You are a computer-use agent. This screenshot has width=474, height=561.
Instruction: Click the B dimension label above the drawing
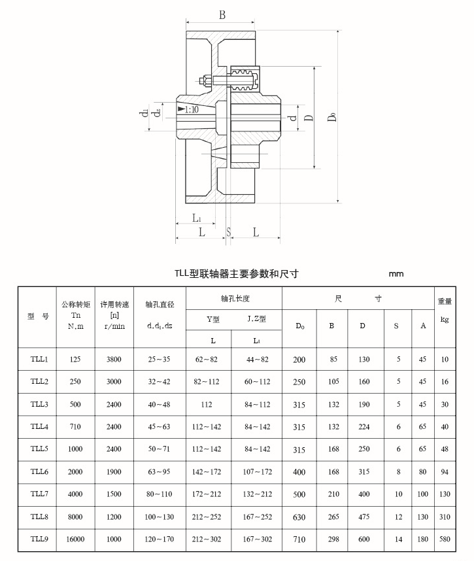pos(222,14)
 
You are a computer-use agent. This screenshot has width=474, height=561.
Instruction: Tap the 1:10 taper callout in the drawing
pos(192,110)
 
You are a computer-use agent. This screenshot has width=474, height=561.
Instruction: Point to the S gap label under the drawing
pos(229,232)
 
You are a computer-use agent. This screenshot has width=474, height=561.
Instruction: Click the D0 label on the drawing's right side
pos(333,116)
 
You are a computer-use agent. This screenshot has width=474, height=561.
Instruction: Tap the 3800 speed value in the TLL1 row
pos(114,359)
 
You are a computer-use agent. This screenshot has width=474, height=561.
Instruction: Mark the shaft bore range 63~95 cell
pos(160,471)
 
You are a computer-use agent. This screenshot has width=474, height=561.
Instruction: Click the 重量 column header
pos(445,301)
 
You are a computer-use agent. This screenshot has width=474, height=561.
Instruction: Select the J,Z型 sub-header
pos(256,319)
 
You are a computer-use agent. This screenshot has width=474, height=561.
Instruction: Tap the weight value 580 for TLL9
pos(445,539)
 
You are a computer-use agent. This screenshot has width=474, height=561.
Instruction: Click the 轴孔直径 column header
pos(160,304)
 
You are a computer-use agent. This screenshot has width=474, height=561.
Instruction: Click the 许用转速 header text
pos(114,304)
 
